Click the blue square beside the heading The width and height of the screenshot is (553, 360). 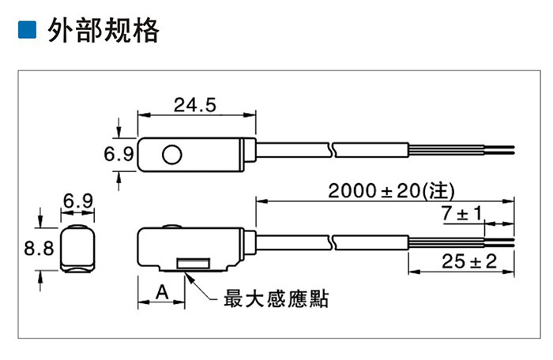[27, 29]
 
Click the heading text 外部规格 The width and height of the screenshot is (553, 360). [103, 30]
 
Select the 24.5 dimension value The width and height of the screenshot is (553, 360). [194, 105]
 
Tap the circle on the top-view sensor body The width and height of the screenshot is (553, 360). [171, 155]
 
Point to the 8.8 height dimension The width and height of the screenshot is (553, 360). [39, 248]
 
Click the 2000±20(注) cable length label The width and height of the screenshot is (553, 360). [392, 191]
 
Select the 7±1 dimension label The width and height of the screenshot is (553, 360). [462, 213]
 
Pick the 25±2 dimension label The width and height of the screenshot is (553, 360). [469, 261]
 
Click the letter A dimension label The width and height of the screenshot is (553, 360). [162, 292]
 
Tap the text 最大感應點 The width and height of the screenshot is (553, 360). [276, 299]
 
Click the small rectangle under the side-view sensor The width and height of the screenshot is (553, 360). [194, 264]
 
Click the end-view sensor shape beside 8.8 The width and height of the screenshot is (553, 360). [77, 248]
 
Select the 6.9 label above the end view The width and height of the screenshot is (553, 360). [78, 201]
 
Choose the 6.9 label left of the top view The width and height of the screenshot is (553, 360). [118, 154]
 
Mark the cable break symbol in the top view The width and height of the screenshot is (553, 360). [332, 150]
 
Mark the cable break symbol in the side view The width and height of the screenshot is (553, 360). [332, 242]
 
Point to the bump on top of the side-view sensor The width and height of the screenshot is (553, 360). [171, 226]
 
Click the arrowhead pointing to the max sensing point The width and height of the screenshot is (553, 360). [189, 277]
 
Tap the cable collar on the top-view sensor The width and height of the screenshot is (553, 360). [250, 150]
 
